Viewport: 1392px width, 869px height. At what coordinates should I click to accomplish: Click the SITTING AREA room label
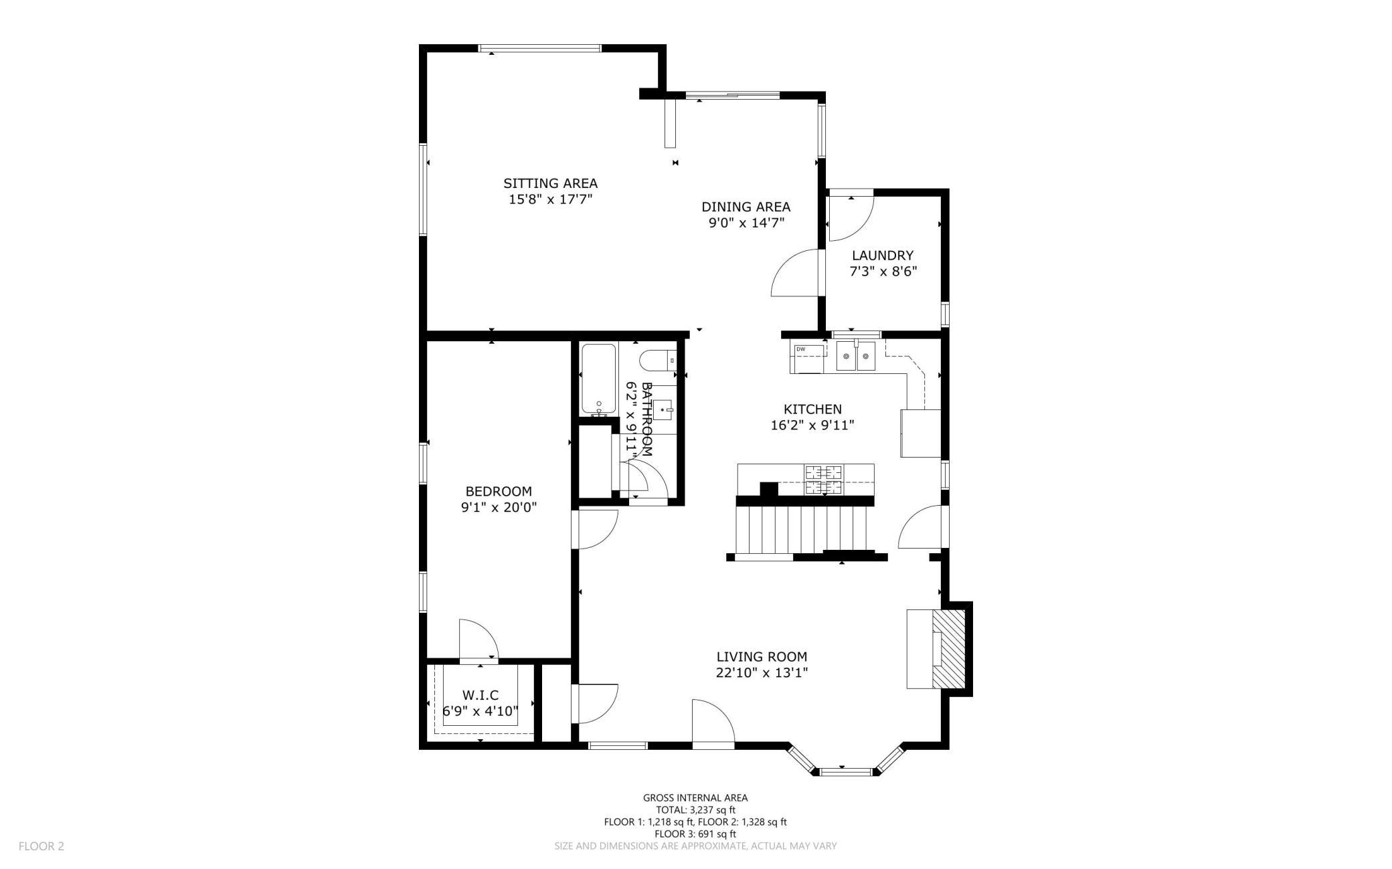coord(550,183)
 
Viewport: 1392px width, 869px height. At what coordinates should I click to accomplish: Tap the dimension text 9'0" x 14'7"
coord(746,223)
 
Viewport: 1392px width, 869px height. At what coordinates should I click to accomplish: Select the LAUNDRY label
coord(882,256)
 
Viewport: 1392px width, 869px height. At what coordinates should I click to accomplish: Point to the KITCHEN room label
coord(812,409)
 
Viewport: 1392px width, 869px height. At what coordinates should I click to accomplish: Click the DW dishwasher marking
coord(800,349)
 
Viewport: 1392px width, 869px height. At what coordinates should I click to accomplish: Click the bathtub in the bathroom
coord(598,379)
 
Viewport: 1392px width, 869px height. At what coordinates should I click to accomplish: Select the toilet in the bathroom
coord(658,361)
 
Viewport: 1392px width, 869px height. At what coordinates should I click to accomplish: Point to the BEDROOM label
coord(499,492)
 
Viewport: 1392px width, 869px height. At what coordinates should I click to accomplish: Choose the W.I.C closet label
coord(481,696)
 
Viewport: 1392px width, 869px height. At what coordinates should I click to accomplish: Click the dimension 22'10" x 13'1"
coord(762,673)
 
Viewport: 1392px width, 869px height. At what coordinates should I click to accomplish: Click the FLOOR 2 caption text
coord(41,846)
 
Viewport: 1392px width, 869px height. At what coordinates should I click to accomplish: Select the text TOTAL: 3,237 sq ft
coord(695,810)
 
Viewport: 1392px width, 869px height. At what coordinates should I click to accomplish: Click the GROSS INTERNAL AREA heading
coord(695,797)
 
